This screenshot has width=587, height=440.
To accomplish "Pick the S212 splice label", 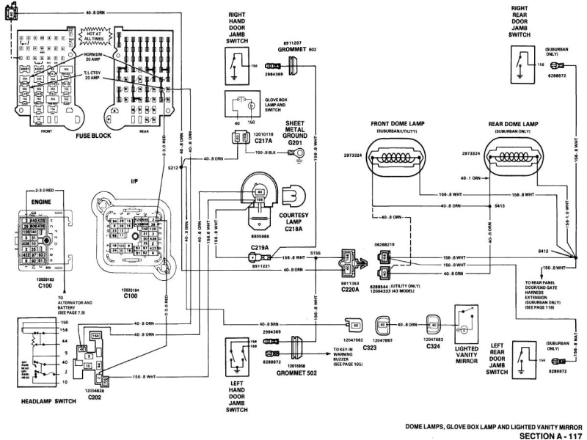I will click(x=172, y=168).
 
